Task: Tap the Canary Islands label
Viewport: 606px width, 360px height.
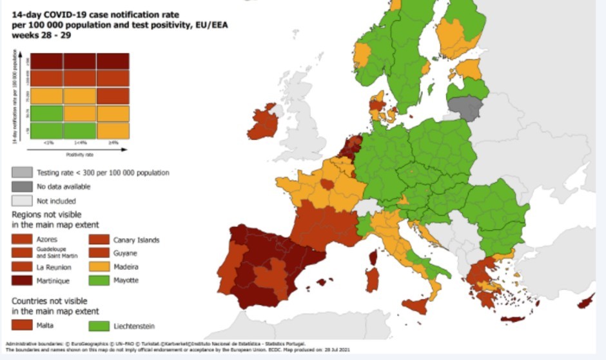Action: click(137, 240)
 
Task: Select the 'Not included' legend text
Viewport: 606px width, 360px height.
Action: click(56, 200)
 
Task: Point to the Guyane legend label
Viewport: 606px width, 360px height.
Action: click(127, 254)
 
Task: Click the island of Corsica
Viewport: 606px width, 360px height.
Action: click(373, 257)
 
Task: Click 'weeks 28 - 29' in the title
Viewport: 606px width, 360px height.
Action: click(41, 35)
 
